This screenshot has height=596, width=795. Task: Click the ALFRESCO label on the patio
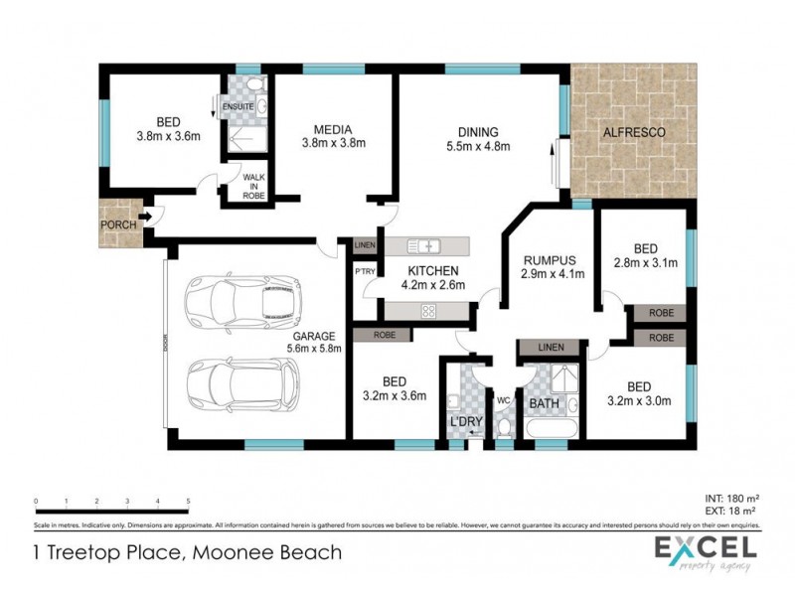coord(632,132)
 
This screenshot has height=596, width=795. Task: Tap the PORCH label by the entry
coord(118,225)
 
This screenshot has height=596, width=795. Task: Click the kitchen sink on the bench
coord(423,244)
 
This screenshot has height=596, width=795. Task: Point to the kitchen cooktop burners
coord(429,311)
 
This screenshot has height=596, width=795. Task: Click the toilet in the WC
coord(504,426)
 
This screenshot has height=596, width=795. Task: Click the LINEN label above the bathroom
coord(550,348)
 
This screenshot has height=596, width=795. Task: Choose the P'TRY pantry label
coord(363,270)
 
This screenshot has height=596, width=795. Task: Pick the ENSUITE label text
coord(238,106)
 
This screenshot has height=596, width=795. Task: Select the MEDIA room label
coord(333,129)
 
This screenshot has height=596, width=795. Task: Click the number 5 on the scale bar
coord(189,502)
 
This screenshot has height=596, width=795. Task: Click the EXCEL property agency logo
coord(704,551)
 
